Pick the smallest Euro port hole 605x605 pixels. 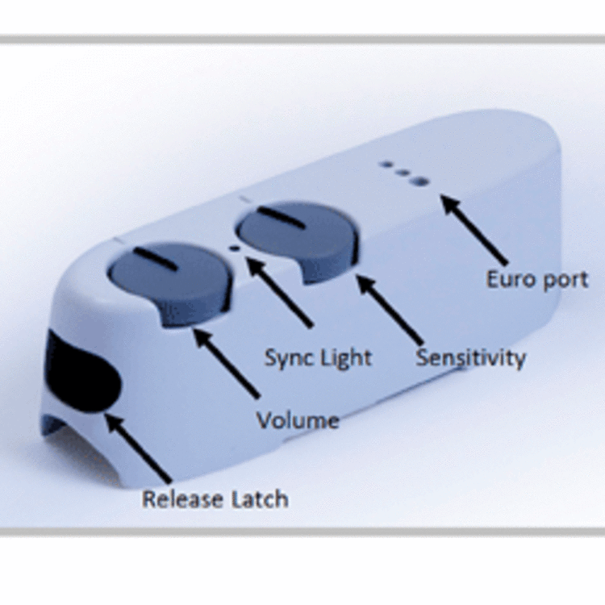point(386,165)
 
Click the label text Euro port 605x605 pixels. point(536,280)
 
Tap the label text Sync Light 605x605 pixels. point(318,357)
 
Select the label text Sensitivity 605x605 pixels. point(470,357)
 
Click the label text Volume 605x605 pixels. point(297,420)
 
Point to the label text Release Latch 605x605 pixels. point(215,499)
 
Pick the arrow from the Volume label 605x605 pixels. point(227,362)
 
